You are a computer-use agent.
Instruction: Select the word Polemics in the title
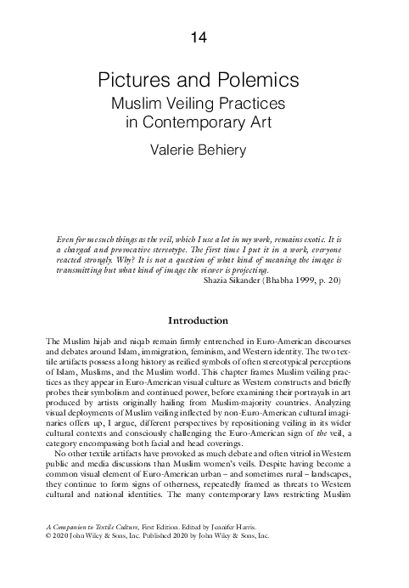pyautogui.click(x=261, y=81)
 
